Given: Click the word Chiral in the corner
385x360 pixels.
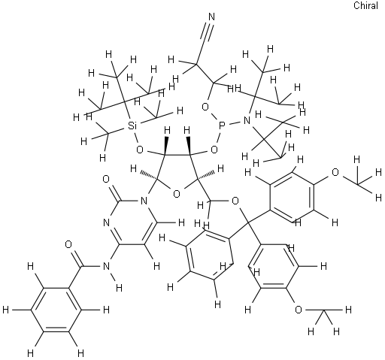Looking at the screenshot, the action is pyautogui.click(x=365, y=5).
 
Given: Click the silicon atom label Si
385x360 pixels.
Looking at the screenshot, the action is pyautogui.click(x=132, y=126).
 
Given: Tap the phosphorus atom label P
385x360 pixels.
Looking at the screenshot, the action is pyautogui.click(x=222, y=126).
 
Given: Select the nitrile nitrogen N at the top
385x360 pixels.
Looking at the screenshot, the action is pyautogui.click(x=212, y=17).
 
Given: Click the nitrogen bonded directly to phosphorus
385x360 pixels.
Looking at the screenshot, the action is pyautogui.click(x=247, y=121).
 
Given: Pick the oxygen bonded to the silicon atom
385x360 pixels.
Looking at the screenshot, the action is pyautogui.click(x=140, y=150).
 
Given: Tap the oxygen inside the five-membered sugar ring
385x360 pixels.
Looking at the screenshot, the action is pyautogui.click(x=177, y=194).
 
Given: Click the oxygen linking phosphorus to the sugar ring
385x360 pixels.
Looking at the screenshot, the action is pyautogui.click(x=214, y=150).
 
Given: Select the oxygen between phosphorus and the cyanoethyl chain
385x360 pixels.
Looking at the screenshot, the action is pyautogui.click(x=205, y=107).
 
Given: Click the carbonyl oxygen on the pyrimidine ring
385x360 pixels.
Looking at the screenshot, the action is pyautogui.click(x=106, y=179).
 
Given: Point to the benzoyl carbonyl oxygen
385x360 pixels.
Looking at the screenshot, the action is pyautogui.click(x=68, y=244).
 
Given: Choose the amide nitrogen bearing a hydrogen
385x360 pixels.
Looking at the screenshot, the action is pyautogui.click(x=106, y=266).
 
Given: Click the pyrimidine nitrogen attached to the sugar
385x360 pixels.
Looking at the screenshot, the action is pyautogui.click(x=144, y=201).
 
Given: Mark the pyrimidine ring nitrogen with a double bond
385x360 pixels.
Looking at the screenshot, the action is pyautogui.click(x=106, y=222).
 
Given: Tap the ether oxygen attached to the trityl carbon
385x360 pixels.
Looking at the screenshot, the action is pyautogui.click(x=235, y=201).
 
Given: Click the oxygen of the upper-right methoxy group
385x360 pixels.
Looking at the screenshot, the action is pyautogui.click(x=335, y=172).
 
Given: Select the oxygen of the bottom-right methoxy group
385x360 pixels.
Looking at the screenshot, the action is pyautogui.click(x=298, y=310).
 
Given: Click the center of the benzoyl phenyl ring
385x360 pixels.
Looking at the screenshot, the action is pyautogui.click(x=56, y=310).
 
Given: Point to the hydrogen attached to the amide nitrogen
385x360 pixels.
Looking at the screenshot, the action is pyautogui.click(x=120, y=288).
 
